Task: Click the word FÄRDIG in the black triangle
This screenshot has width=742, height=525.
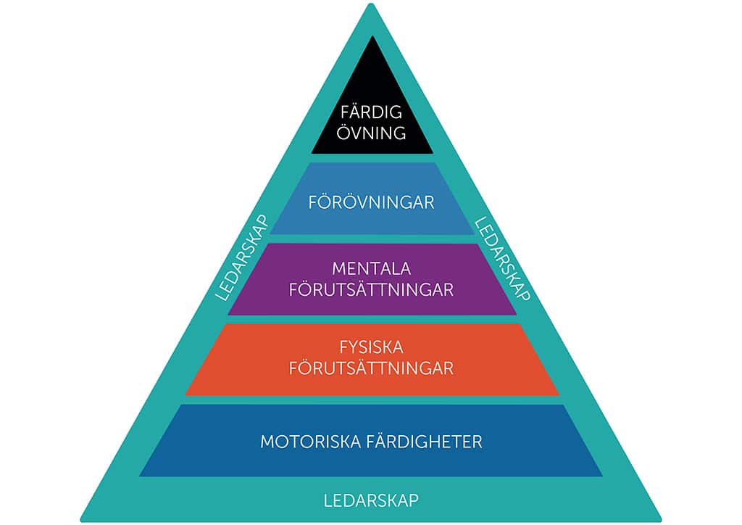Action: tap(372, 112)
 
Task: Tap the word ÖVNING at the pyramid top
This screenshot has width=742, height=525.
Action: tap(372, 133)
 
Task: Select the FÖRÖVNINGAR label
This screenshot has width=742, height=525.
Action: tap(372, 202)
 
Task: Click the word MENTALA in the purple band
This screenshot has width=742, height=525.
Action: tap(372, 269)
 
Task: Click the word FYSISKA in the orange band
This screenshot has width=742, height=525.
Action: tap(372, 347)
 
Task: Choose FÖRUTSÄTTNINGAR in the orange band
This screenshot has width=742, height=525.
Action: tap(372, 368)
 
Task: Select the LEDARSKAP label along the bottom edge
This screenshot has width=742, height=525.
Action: tap(372, 500)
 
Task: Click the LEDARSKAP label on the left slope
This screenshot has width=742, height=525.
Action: tap(242, 258)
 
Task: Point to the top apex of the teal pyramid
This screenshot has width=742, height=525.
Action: tap(371, 4)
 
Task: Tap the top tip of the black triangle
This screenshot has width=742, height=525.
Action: tap(372, 36)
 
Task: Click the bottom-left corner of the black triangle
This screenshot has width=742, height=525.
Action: tap(312, 153)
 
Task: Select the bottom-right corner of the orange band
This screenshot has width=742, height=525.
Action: tap(559, 394)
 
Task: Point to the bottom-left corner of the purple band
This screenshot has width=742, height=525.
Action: tap(228, 314)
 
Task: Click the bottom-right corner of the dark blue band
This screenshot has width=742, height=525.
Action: tap(602, 475)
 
